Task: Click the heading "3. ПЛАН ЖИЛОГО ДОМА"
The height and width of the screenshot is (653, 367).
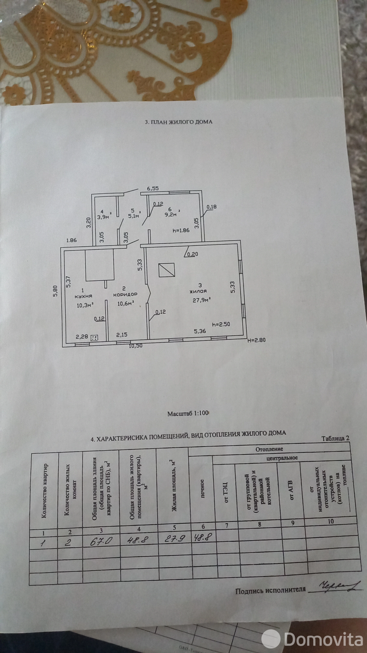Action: [x=179, y=122]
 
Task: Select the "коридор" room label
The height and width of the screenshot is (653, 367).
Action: [x=127, y=294]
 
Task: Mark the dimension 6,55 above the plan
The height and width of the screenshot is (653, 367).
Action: [x=153, y=189]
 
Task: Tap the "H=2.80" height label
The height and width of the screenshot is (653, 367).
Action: [x=257, y=339]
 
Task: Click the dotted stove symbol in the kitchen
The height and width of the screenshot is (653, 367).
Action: [x=94, y=338]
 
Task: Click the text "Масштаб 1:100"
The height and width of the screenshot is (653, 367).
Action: [x=188, y=413]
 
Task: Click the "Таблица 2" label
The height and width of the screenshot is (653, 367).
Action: [x=335, y=438]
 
